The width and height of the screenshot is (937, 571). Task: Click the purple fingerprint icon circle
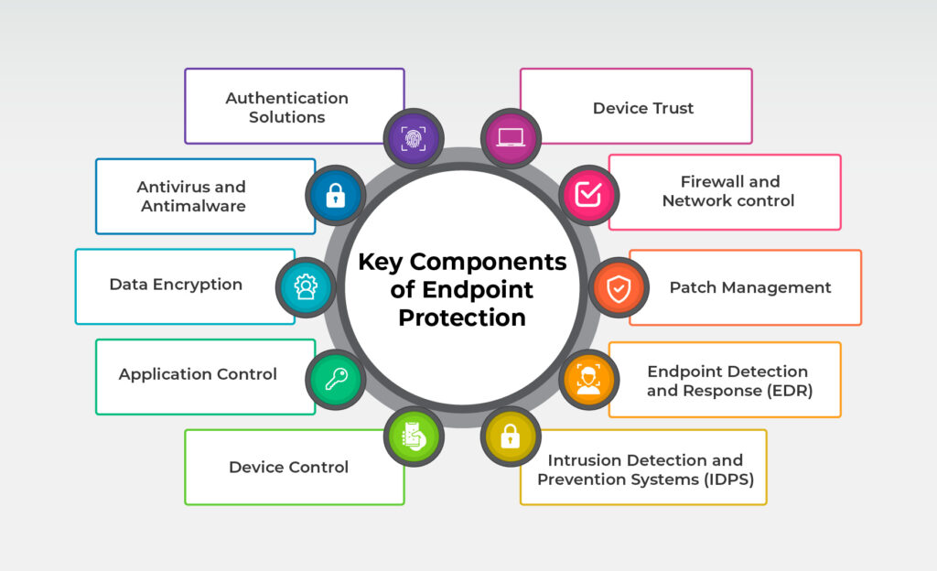click(414, 138)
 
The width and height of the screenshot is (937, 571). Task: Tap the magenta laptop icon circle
click(511, 138)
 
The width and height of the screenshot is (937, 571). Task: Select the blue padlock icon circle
click(335, 195)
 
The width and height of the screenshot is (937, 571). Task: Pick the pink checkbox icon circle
click(588, 195)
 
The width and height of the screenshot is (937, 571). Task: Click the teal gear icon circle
click(306, 286)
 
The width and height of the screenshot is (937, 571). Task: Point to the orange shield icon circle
click(619, 287)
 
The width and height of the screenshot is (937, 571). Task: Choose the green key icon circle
click(335, 379)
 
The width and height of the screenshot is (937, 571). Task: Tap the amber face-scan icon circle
click(588, 379)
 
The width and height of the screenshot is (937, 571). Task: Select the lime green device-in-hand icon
click(414, 436)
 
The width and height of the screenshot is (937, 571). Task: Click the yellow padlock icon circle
click(511, 436)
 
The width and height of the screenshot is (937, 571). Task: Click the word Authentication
click(286, 98)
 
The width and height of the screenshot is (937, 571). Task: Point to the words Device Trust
click(643, 108)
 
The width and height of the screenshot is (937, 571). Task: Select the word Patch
click(693, 287)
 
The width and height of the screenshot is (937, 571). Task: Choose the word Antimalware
click(194, 206)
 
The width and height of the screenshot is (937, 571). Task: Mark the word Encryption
click(198, 285)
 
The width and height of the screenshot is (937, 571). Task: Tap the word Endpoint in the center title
click(478, 290)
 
